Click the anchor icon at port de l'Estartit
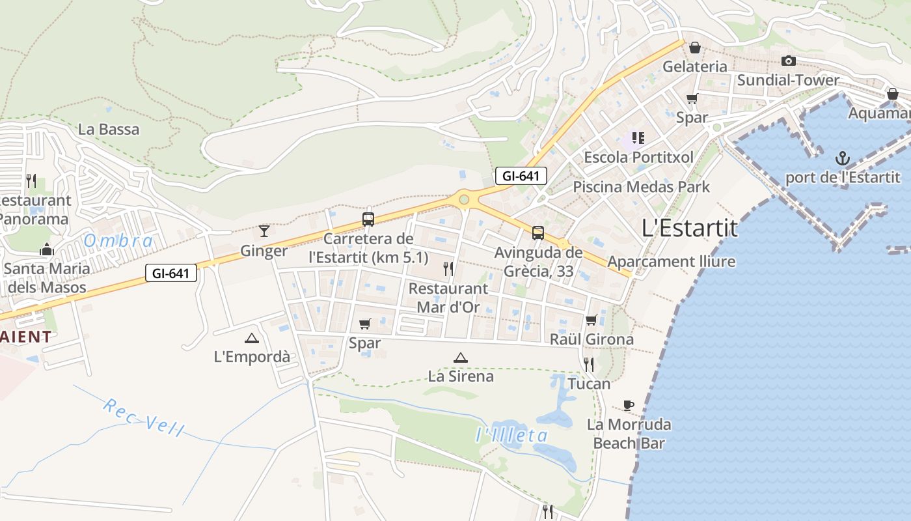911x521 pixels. [843, 158]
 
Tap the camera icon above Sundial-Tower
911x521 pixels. [788, 61]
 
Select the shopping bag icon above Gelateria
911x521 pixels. [695, 48]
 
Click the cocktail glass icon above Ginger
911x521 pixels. [264, 231]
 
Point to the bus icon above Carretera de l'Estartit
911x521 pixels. [368, 219]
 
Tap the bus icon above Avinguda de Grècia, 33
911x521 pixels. [538, 233]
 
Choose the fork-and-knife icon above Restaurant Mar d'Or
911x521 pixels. [448, 268]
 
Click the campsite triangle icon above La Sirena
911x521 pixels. [461, 357]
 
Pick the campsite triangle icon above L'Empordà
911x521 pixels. [251, 337]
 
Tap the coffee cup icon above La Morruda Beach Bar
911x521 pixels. [629, 405]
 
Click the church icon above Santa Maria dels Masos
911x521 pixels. [46, 249]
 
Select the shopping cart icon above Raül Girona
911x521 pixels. [591, 320]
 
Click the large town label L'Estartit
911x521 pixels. [690, 229]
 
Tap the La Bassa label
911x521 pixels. [109, 130]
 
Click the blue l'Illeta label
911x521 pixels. [512, 435]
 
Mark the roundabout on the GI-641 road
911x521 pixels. [464, 200]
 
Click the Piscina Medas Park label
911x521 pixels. [641, 188]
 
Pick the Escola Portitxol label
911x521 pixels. [638, 158]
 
